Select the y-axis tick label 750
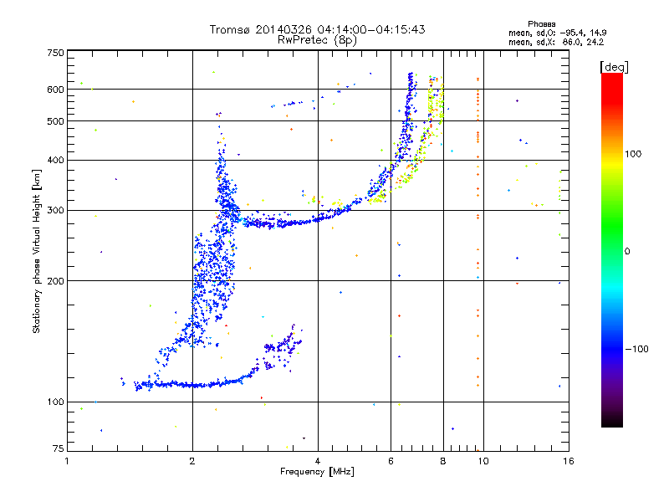click(x=56, y=53)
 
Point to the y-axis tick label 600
click(x=56, y=90)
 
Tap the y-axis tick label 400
click(x=56, y=160)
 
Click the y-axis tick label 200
click(x=56, y=280)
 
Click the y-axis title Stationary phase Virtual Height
click(x=37, y=251)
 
